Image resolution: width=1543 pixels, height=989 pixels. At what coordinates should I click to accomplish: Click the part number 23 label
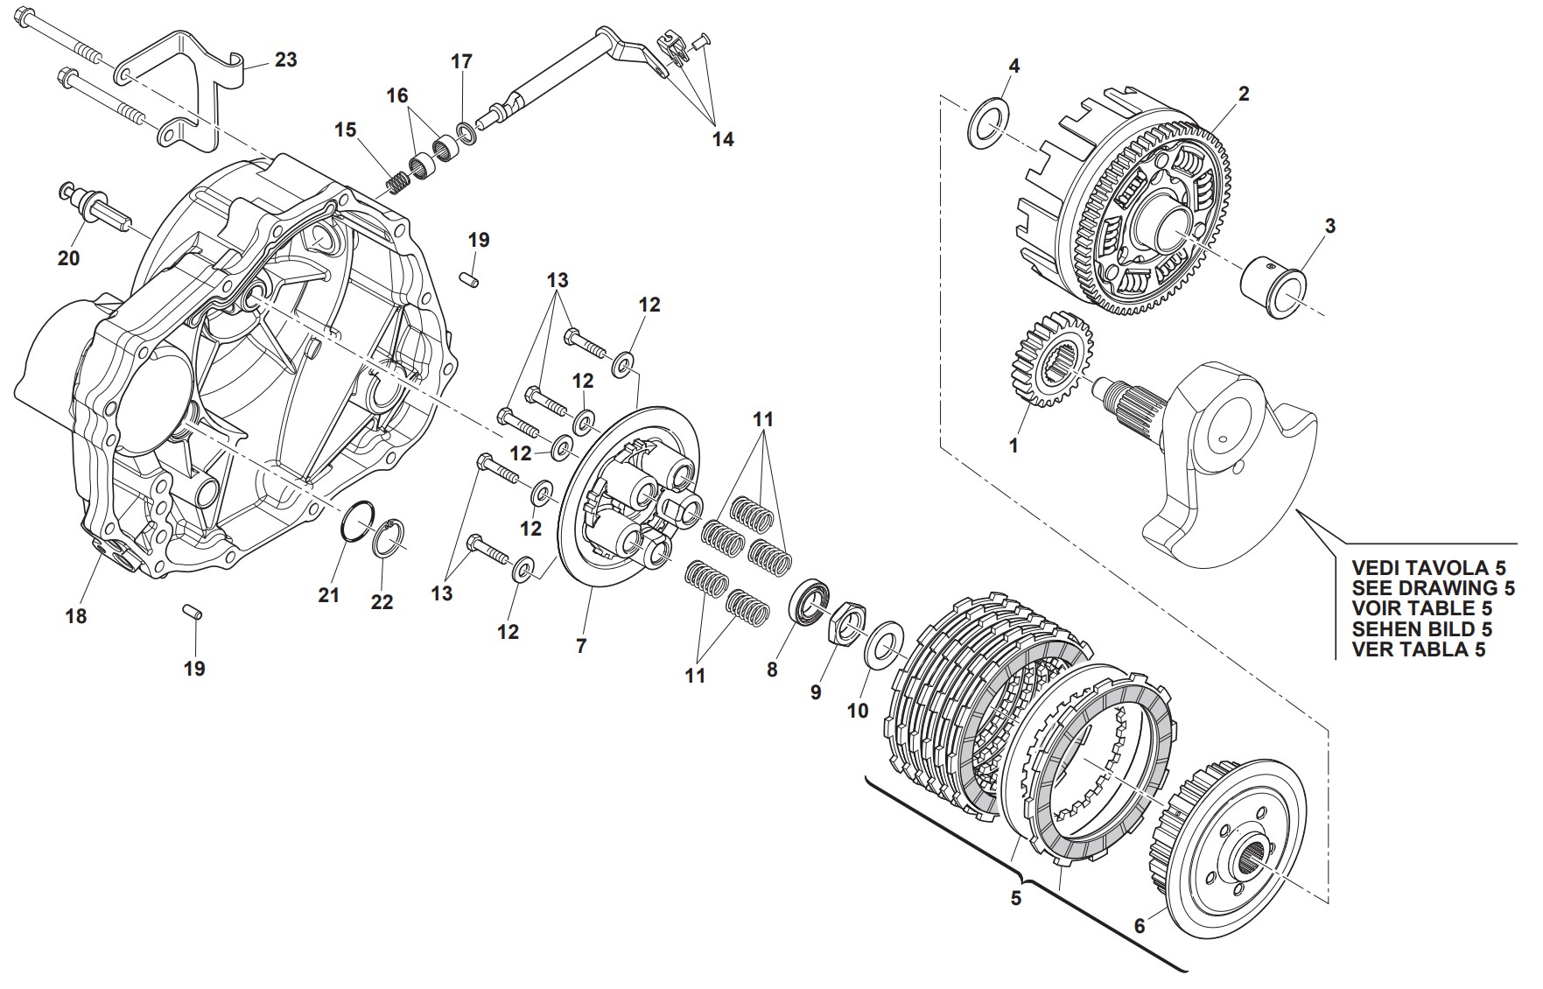point(286,60)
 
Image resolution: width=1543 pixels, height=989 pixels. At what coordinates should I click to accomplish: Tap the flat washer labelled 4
point(988,124)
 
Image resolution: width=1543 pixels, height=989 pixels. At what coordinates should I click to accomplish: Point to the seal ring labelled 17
point(465,130)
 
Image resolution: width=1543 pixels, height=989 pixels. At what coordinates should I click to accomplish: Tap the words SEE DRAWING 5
point(1434,588)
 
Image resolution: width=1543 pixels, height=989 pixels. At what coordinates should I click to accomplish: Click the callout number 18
point(76,616)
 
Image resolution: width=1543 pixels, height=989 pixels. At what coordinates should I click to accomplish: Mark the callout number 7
point(581,647)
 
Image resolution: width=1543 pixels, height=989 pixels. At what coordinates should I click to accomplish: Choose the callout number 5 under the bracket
point(1016,898)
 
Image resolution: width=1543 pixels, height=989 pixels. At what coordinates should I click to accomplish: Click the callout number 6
point(1140,926)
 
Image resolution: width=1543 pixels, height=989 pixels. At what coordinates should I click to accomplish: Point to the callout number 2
point(1244,93)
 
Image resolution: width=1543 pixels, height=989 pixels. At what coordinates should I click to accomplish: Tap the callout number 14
point(722,139)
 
